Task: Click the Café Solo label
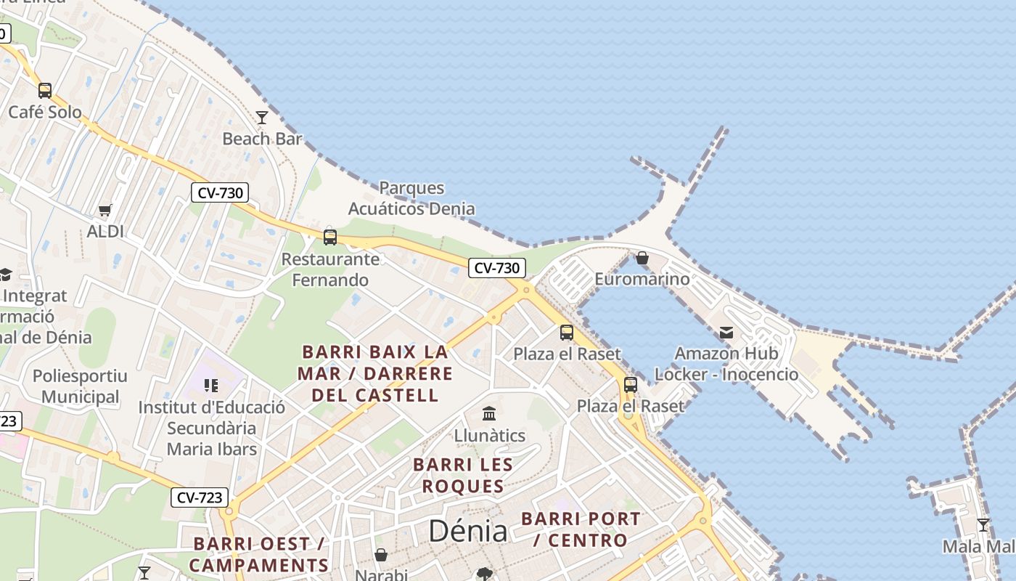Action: coord(45,112)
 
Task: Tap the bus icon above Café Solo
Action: coord(45,91)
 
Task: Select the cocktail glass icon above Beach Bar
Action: coord(262,117)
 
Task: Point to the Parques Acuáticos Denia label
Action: coord(411,198)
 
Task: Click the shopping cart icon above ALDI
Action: coord(105,211)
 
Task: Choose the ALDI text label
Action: coord(105,232)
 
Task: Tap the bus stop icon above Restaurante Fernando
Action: coord(330,237)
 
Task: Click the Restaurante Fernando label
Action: coord(330,269)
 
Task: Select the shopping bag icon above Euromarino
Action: coord(642,258)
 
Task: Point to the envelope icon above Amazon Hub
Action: coord(726,333)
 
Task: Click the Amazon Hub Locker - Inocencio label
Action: coord(726,364)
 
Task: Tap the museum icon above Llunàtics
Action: coord(489,414)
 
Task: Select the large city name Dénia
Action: coord(468,531)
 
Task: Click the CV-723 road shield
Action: coord(200,497)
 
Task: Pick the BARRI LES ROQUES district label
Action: coord(463,475)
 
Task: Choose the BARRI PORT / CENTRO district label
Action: coord(581,529)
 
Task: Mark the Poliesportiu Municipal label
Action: coord(80,386)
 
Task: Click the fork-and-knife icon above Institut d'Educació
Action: coord(211,385)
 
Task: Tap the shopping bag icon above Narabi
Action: coord(381,556)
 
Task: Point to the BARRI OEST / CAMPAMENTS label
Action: coord(259,554)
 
